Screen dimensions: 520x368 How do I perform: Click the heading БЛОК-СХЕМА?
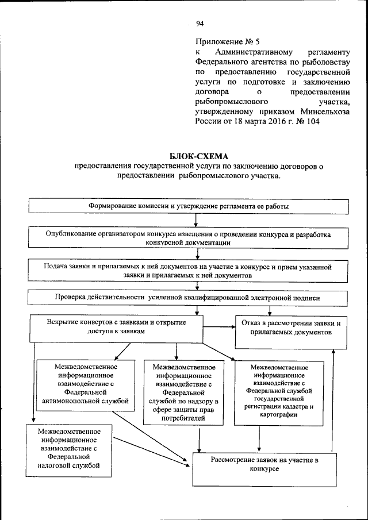198,156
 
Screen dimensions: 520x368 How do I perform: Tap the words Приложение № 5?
228,42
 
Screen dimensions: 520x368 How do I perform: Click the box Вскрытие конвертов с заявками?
116,328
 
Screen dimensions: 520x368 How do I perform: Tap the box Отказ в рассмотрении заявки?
291,332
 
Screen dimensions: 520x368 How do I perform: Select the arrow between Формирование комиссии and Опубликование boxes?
197,221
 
